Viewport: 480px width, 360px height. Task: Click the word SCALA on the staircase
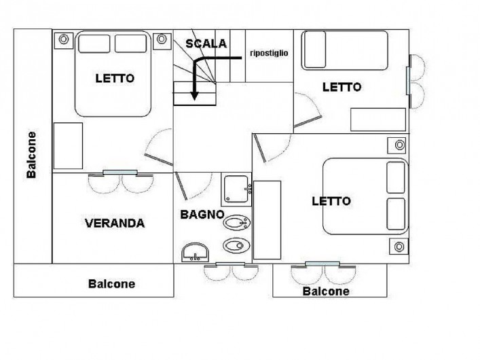[x=206, y=43]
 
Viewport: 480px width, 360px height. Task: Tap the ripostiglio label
[x=269, y=53]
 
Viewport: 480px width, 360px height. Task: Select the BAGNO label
[x=202, y=215]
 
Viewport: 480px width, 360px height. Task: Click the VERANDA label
[x=115, y=223]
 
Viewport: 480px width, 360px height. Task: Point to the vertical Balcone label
[x=31, y=155]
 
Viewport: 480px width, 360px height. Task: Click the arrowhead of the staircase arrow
[x=194, y=96]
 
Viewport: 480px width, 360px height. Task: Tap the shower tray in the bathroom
[x=236, y=189]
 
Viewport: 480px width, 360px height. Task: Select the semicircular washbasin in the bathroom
[x=195, y=253]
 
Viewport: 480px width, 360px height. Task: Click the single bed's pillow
[x=315, y=50]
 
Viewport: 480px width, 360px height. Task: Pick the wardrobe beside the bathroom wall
[x=267, y=220]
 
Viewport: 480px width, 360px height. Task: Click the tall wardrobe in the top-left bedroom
[x=68, y=145]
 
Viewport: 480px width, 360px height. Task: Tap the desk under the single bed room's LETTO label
[x=378, y=120]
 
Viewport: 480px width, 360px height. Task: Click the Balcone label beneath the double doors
[x=326, y=291]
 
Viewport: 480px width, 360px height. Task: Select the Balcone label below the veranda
[x=111, y=284]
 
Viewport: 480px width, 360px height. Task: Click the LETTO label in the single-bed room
[x=342, y=88]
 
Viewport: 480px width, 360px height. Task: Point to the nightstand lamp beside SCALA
[x=162, y=39]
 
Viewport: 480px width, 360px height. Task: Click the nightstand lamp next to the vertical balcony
[x=63, y=39]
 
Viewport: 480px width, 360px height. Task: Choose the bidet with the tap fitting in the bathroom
[x=237, y=222]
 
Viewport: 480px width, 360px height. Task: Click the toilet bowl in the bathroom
[x=236, y=245]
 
